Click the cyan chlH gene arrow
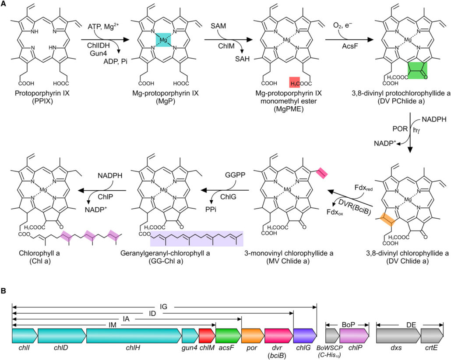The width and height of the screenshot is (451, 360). click(x=134, y=336)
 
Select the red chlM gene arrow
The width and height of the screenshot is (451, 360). click(x=207, y=336)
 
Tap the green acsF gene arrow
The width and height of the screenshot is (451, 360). click(x=228, y=336)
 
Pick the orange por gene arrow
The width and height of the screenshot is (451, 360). click(x=252, y=336)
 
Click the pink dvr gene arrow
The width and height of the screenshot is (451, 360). click(x=278, y=336)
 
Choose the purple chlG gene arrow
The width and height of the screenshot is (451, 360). click(x=304, y=336)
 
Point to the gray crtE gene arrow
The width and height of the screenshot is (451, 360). click(x=432, y=336)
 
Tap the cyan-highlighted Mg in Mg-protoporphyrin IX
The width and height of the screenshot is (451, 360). click(x=162, y=41)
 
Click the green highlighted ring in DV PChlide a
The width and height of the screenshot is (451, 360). click(x=418, y=70)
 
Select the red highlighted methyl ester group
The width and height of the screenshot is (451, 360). click(x=295, y=82)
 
